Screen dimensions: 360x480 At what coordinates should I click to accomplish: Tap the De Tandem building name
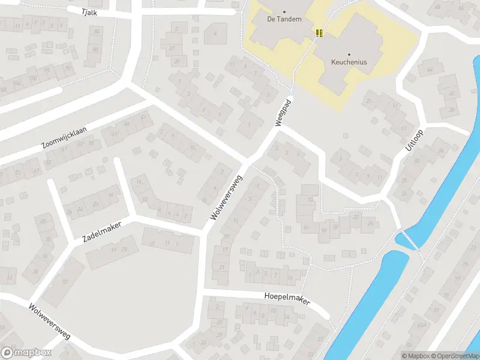click(284, 19)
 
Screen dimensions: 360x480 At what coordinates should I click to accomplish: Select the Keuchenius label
click(349, 62)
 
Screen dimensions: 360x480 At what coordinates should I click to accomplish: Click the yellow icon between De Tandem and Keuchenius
click(319, 33)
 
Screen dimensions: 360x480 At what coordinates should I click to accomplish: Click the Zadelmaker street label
click(101, 232)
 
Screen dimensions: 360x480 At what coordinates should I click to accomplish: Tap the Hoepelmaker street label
click(287, 298)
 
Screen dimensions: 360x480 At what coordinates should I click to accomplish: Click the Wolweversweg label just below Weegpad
click(227, 196)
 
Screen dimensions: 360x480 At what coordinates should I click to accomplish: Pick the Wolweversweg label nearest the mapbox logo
click(49, 321)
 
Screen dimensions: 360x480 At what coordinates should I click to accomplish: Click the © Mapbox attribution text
click(416, 356)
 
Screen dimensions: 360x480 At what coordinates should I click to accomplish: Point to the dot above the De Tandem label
click(284, 11)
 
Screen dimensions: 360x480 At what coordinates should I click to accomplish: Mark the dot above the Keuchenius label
click(349, 54)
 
